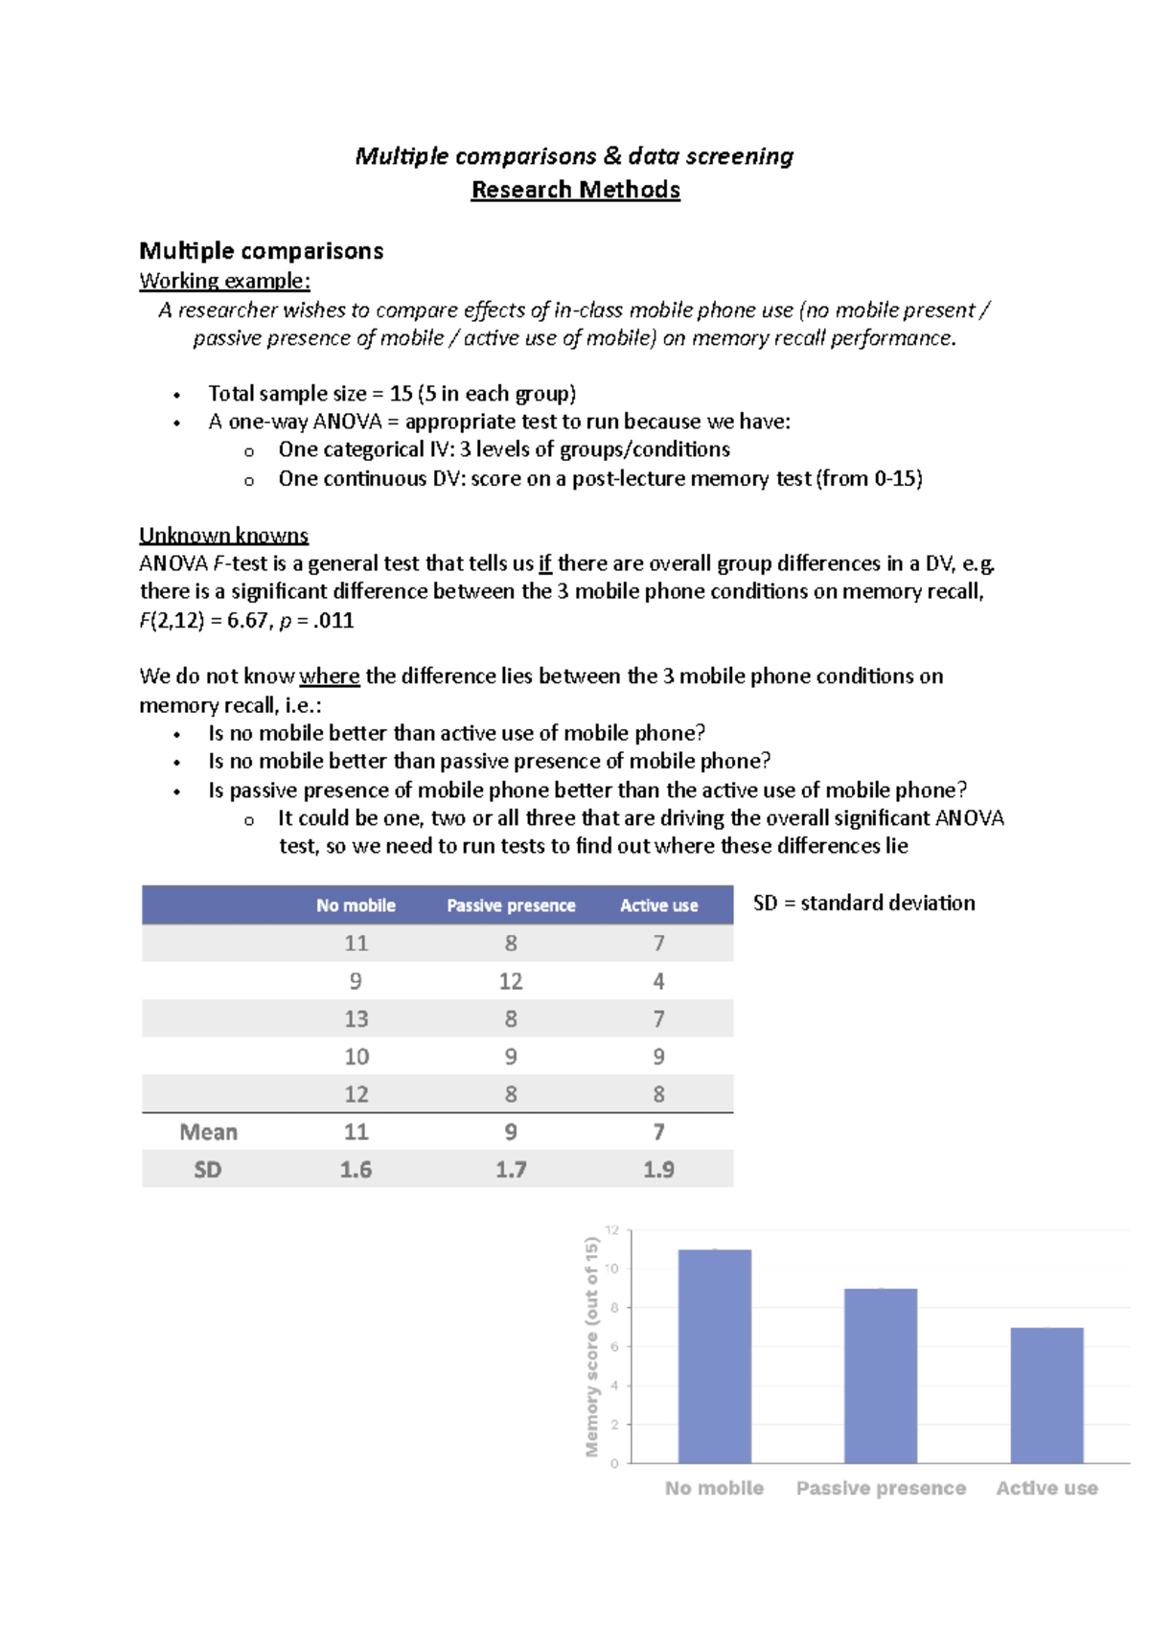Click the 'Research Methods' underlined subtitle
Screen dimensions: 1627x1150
(575, 190)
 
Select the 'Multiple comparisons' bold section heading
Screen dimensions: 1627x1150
(261, 251)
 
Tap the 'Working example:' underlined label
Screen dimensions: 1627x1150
(224, 281)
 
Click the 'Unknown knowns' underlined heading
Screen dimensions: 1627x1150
(223, 535)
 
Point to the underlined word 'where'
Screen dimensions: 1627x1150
(329, 676)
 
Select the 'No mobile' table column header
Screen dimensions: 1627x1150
(356, 905)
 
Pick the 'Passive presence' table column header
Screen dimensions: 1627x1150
(511, 905)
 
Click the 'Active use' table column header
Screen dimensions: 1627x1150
(658, 905)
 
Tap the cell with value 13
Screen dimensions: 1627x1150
(356, 1019)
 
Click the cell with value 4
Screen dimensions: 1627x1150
(658, 981)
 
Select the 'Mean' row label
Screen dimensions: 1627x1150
(208, 1132)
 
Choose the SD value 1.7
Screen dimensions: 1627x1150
(511, 1170)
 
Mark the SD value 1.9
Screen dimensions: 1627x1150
(658, 1170)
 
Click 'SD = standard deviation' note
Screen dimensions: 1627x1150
(863, 903)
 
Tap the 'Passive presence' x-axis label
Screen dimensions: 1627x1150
(881, 1488)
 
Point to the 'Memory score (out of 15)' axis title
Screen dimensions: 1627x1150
(591, 1346)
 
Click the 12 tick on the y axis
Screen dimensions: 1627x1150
(612, 1229)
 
